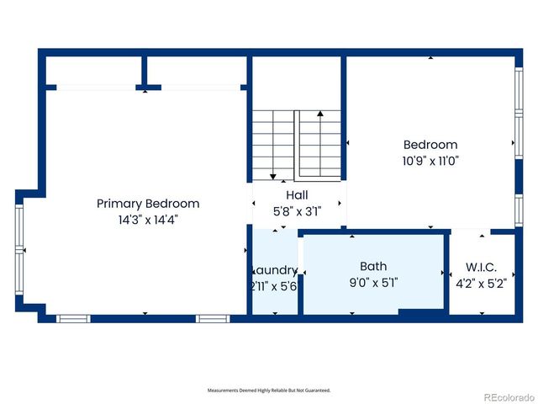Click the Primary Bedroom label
click(148, 203)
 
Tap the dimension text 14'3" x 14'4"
click(148, 219)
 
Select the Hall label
click(285, 195)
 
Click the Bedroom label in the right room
click(430, 145)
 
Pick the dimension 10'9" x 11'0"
click(430, 160)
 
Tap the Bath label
click(373, 267)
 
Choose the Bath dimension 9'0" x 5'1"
click(373, 283)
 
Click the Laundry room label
click(275, 270)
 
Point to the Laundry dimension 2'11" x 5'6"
click(274, 286)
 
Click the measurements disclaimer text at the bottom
click(269, 391)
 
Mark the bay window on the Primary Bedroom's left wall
click(20, 251)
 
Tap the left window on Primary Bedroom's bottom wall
click(73, 318)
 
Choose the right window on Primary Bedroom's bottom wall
click(213, 318)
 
